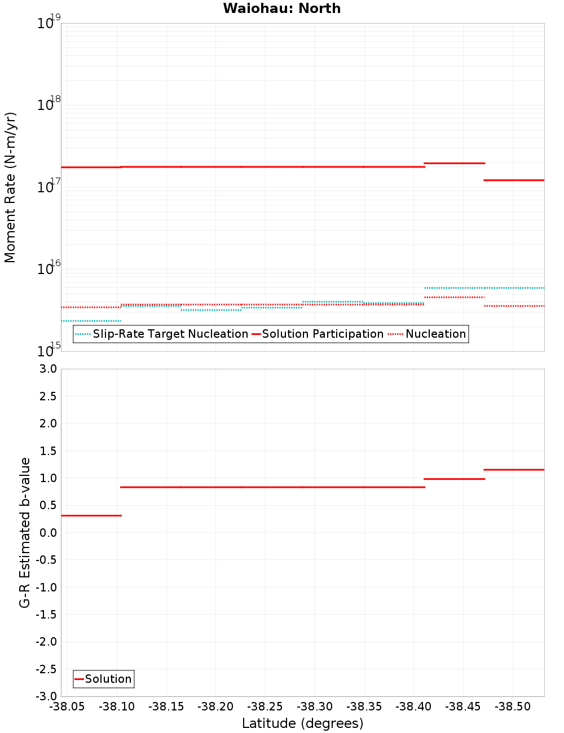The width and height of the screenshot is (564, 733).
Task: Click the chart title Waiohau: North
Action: [281, 8]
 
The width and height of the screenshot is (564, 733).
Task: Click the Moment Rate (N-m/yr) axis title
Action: [10, 187]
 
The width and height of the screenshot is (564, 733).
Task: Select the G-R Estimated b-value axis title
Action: [25, 532]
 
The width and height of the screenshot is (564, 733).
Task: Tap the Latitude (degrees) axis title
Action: [302, 723]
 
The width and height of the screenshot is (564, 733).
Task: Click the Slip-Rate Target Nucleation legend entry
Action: [170, 334]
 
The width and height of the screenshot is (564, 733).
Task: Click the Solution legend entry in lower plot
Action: [108, 679]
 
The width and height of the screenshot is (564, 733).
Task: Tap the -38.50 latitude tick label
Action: [512, 706]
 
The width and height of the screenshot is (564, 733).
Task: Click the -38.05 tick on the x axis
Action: [67, 706]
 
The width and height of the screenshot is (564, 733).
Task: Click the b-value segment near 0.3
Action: [91, 515]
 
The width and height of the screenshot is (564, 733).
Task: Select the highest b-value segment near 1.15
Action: [514, 470]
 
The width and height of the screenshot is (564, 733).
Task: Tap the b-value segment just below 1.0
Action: [454, 479]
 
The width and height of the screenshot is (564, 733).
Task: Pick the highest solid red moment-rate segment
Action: [454, 163]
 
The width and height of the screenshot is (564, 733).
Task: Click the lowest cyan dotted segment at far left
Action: [91, 321]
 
